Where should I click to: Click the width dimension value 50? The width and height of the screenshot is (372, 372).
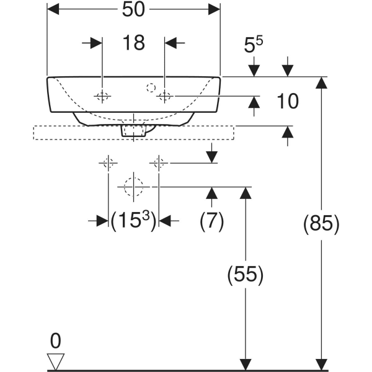134,10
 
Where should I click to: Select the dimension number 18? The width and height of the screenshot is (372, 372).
133,43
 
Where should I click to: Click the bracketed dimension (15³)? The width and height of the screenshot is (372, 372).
133,220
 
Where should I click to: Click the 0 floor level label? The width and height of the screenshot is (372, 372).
56,340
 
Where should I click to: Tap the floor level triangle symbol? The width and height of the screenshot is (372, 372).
56,361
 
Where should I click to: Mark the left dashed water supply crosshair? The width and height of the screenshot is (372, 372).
108,163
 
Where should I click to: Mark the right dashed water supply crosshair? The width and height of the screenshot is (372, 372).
158,163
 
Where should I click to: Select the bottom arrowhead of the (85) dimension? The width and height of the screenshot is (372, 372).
321,363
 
